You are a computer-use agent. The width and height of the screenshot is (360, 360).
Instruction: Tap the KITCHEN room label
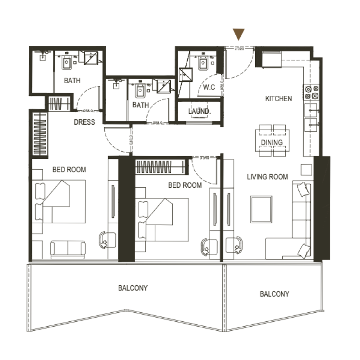coord(278,99)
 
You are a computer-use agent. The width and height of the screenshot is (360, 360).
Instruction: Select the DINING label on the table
coord(272,143)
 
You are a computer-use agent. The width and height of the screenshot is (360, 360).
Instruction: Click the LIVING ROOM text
coord(267,177)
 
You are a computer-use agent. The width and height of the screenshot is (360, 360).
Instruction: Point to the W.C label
coord(209,87)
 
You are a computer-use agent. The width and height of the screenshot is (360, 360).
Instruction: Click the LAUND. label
coord(198,111)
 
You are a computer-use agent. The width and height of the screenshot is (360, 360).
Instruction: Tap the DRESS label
coord(85,122)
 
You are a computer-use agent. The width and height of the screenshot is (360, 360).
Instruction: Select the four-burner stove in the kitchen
coord(311,92)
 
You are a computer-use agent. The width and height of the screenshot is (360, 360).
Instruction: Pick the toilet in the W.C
coord(202,63)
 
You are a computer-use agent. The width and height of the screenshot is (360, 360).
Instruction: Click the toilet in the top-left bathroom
coord(67,62)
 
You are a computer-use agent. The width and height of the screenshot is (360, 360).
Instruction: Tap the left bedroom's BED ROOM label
coord(69,170)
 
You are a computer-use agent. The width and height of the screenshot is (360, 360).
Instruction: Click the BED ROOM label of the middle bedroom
coord(184,185)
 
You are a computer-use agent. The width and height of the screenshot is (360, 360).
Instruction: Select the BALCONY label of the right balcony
coord(274,294)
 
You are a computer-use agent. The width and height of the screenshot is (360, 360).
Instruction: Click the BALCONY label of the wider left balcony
coord(133,288)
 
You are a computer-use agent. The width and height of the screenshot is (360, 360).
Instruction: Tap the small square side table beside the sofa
coord(306,169)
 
